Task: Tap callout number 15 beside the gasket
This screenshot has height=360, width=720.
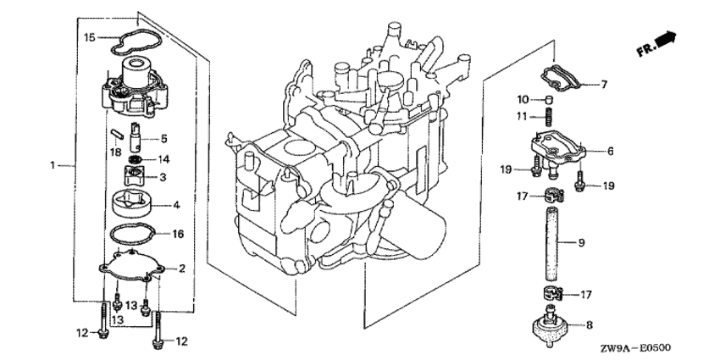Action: tap(90, 37)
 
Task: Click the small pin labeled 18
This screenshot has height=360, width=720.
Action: tap(117, 135)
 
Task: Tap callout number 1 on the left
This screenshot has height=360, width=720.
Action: tap(53, 164)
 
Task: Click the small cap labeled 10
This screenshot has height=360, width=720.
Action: tap(548, 99)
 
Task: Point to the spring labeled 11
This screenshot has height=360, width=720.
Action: tap(548, 118)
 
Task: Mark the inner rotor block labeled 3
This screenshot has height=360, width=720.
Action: tap(135, 175)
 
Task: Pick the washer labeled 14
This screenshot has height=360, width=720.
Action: tap(135, 159)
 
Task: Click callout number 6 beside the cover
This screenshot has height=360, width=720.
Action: tap(610, 151)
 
